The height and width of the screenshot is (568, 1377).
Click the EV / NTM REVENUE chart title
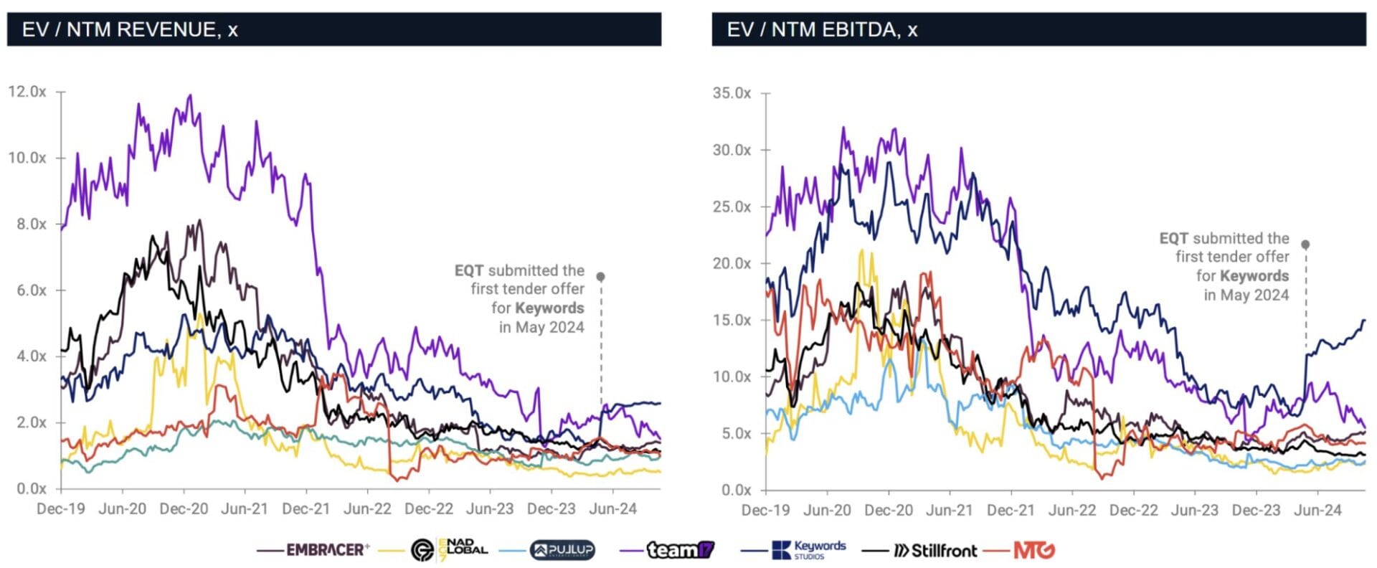pyautogui.click(x=130, y=29)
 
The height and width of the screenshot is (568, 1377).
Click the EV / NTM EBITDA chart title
pyautogui.click(x=822, y=29)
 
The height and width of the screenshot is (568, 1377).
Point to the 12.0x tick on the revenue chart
pyautogui.click(x=27, y=92)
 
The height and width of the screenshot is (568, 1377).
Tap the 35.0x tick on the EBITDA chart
pyautogui.click(x=732, y=93)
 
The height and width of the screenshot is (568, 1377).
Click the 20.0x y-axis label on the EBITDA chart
pyautogui.click(x=732, y=263)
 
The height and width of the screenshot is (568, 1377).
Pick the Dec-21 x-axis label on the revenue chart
pyautogui.click(x=306, y=509)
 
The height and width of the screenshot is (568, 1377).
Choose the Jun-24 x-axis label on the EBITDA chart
pyautogui.click(x=1317, y=511)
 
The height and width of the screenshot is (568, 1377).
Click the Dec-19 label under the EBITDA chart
pyautogui.click(x=766, y=511)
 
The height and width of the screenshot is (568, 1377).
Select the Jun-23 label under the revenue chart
pyautogui.click(x=490, y=509)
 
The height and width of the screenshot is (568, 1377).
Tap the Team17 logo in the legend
pyautogui.click(x=680, y=550)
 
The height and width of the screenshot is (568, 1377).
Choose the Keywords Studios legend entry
pyautogui.click(x=809, y=550)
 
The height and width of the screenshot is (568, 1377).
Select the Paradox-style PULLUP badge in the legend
pyautogui.click(x=562, y=550)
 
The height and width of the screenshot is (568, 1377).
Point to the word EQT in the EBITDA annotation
pyautogui.click(x=1173, y=239)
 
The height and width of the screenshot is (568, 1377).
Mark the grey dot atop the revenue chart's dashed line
pyautogui.click(x=601, y=277)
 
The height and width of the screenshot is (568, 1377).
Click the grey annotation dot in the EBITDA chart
pyautogui.click(x=1305, y=245)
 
